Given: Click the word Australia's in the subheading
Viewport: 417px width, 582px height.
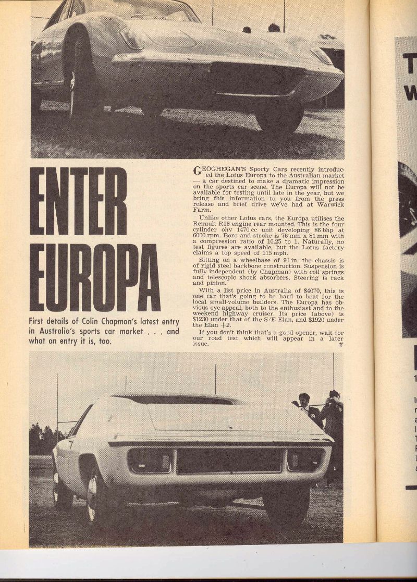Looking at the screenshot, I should click(55, 332).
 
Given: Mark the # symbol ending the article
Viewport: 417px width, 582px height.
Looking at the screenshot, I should click(340, 344).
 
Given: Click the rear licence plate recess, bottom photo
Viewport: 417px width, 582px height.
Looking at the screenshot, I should click(229, 461).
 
